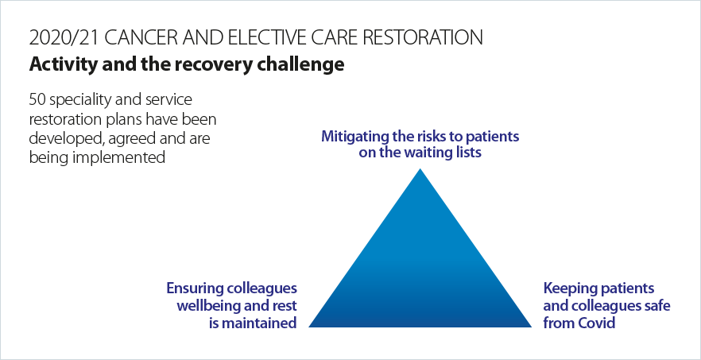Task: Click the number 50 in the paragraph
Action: pos(37,99)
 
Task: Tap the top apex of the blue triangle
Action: pos(420,168)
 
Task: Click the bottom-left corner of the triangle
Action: pos(309,327)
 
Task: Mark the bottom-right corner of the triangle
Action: pos(531,327)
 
